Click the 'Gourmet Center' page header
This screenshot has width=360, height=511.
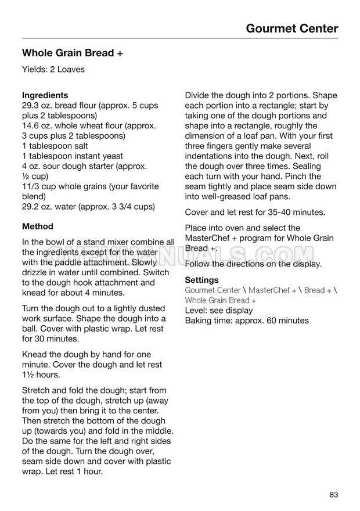tap(291, 28)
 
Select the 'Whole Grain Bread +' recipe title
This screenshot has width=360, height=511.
tap(72, 53)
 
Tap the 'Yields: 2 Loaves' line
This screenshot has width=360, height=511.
tap(53, 70)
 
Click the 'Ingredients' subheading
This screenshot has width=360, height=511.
tap(45, 95)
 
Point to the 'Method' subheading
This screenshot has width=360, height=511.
tap(37, 226)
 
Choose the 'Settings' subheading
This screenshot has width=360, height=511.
tap(201, 280)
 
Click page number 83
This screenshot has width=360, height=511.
tap(333, 495)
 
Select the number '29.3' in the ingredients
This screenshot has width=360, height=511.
tap(30, 105)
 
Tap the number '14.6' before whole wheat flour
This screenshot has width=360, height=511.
tap(30, 125)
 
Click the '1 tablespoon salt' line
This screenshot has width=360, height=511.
tap(55, 146)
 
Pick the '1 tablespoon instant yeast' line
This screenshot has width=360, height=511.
tap(72, 156)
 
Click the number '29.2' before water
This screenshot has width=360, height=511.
tap(30, 207)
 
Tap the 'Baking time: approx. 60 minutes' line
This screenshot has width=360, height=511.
tap(247, 321)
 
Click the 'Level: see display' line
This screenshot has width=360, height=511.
tap(219, 311)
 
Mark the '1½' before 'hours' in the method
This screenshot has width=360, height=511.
tap(28, 375)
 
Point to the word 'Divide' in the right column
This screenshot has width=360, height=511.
tap(198, 95)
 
